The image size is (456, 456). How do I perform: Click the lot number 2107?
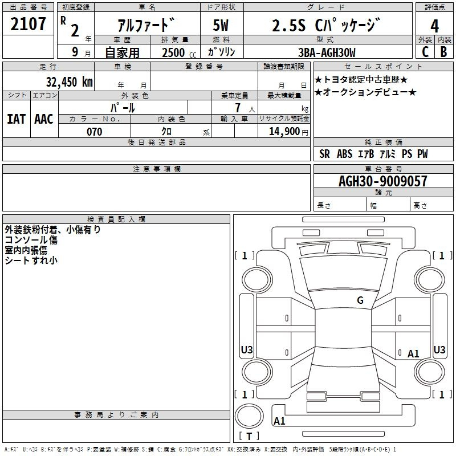[28, 24]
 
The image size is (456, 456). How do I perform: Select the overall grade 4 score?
[434, 26]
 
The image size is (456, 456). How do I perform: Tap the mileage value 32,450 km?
[69, 82]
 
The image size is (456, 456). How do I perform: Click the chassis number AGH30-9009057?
[383, 181]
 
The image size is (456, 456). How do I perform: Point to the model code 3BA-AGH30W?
[327, 52]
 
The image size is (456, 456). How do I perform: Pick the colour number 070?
[95, 132]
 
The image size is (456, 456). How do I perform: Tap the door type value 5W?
[221, 25]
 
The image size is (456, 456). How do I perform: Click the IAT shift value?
[17, 119]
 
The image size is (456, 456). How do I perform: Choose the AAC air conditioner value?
[44, 119]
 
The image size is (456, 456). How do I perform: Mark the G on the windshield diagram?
[360, 300]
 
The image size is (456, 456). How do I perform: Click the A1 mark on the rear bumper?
[279, 421]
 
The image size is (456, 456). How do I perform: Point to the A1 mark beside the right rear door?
[413, 353]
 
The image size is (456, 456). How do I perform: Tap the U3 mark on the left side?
[247, 349]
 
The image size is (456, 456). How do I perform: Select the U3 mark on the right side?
[439, 349]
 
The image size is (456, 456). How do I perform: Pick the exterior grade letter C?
[425, 52]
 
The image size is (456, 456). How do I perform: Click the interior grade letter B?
[443, 52]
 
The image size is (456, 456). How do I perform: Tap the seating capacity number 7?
[238, 108]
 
